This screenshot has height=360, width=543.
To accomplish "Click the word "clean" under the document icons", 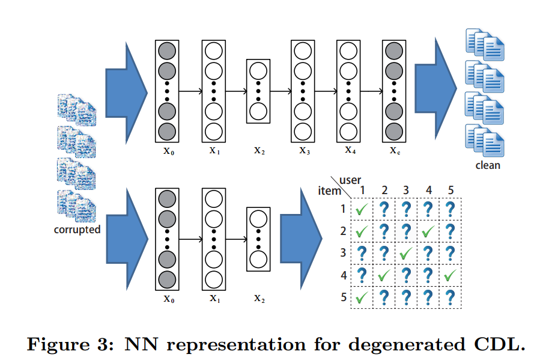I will [x=487, y=165].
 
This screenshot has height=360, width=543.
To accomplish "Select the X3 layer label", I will [x=305, y=150].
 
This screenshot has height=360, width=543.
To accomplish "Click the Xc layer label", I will [x=394, y=150].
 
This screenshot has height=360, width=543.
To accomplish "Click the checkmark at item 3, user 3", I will [x=406, y=254].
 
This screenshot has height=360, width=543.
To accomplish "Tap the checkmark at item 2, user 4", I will [x=428, y=231].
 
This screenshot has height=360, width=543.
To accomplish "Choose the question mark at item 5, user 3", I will [x=406, y=297].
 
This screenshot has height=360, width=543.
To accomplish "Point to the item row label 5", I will [x=343, y=297].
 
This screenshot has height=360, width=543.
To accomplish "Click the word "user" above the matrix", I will [x=351, y=180].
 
